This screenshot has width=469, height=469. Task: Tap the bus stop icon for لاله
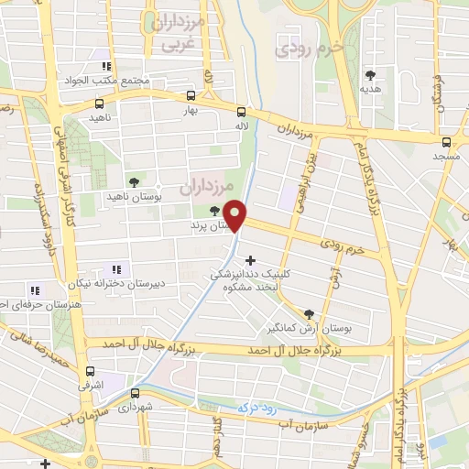click(241, 107)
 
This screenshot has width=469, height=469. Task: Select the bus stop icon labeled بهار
click(191, 95)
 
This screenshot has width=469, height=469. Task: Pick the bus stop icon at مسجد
click(446, 142)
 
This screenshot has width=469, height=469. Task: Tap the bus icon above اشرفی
click(90, 372)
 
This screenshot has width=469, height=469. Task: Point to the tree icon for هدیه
click(370, 75)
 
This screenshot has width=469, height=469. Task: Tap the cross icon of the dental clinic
click(251, 260)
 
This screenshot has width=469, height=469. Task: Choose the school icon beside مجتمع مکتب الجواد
click(106, 66)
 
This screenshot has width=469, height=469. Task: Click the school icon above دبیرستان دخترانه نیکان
click(116, 268)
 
